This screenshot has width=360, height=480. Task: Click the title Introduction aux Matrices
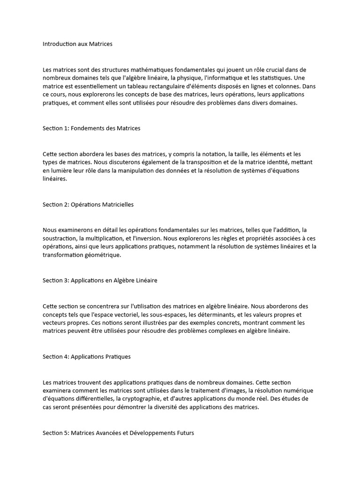(77, 44)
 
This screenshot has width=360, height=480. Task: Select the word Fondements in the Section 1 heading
(88, 128)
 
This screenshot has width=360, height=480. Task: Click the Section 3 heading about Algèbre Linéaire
(100, 280)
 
